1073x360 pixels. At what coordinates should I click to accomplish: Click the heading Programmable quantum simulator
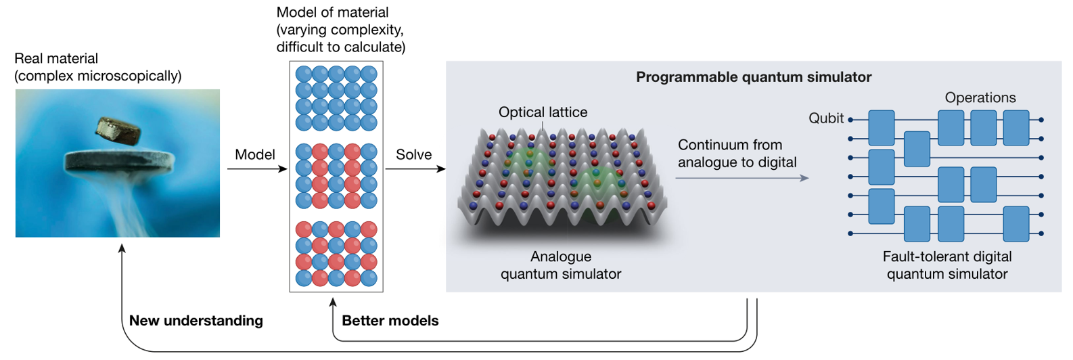point(753,77)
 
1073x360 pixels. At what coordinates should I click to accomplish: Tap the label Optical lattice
point(543,112)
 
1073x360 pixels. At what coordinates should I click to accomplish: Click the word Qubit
point(826,118)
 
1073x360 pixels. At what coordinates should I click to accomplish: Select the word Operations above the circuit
point(980,97)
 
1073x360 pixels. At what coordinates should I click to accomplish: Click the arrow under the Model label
point(257,168)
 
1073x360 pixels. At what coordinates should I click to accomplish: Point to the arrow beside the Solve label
point(415,168)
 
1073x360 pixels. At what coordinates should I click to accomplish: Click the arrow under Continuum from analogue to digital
point(741,178)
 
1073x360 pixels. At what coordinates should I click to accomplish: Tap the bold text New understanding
point(196,321)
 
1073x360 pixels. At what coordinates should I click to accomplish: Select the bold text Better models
point(390,321)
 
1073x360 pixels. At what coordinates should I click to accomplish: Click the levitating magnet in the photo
point(118,131)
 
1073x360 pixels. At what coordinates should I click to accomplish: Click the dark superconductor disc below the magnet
point(118,162)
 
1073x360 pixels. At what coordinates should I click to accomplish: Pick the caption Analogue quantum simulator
point(560,265)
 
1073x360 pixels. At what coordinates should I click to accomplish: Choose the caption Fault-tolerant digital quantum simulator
point(946,265)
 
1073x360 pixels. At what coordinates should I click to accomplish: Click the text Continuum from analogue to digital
point(737,154)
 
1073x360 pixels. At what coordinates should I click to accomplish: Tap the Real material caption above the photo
point(97,67)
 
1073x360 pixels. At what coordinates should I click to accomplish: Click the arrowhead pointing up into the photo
point(122,248)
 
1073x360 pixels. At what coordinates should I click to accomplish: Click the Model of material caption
point(340,30)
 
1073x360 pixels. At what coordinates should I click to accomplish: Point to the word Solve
point(413,154)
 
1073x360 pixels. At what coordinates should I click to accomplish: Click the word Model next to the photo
point(254,154)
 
